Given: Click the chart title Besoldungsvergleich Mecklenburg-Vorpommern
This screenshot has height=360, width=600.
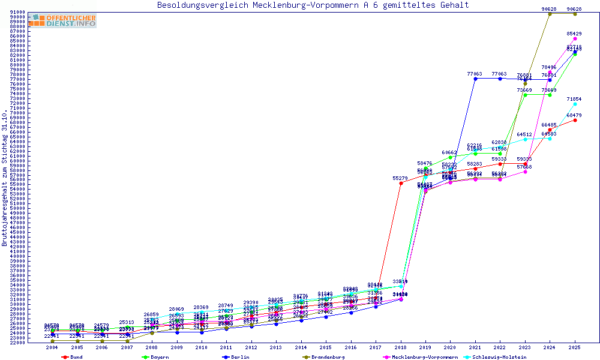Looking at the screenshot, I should tap(313, 5).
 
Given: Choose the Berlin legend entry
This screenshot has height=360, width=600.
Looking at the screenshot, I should tap(236, 357).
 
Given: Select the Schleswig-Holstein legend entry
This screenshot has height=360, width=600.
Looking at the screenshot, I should tap(499, 357).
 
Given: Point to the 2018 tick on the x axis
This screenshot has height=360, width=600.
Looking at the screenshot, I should tap(401, 347).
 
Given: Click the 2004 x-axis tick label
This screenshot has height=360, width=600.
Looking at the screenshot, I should tap(52, 347).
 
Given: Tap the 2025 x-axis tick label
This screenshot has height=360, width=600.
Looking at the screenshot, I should tap(575, 347).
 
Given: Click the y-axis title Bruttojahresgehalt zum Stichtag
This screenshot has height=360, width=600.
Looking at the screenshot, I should tap(5, 178).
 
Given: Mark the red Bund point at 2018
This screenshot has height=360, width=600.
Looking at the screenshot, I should tap(401, 183).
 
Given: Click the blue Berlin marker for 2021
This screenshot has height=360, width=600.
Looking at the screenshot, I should tap(475, 79).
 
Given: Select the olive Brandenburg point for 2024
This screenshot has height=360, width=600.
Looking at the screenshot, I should tap(550, 14).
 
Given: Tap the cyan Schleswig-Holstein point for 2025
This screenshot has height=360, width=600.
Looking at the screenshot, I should tap(575, 104).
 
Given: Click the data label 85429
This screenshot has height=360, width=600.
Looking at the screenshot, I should tap(574, 34).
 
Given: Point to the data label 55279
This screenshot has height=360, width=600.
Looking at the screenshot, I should tap(400, 178).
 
